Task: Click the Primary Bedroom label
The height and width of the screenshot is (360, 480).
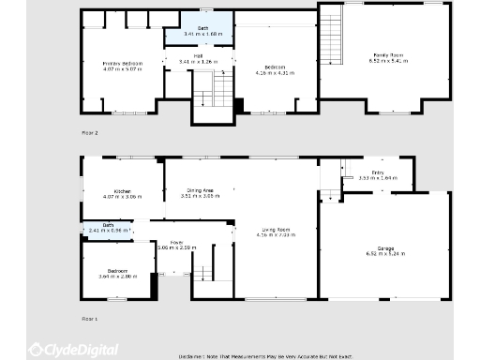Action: [122, 63]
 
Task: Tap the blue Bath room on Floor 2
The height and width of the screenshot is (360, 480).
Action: [202, 35]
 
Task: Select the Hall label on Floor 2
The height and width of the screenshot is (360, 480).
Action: [198, 58]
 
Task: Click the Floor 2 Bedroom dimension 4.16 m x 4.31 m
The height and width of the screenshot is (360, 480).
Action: [275, 72]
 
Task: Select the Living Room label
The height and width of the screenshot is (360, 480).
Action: [275, 229]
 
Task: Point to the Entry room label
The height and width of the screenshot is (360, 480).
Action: [377, 172]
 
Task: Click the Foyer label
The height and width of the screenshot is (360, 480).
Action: [175, 243]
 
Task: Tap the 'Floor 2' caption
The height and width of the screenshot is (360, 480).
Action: [89, 133]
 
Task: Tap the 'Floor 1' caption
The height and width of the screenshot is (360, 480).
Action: [89, 319]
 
